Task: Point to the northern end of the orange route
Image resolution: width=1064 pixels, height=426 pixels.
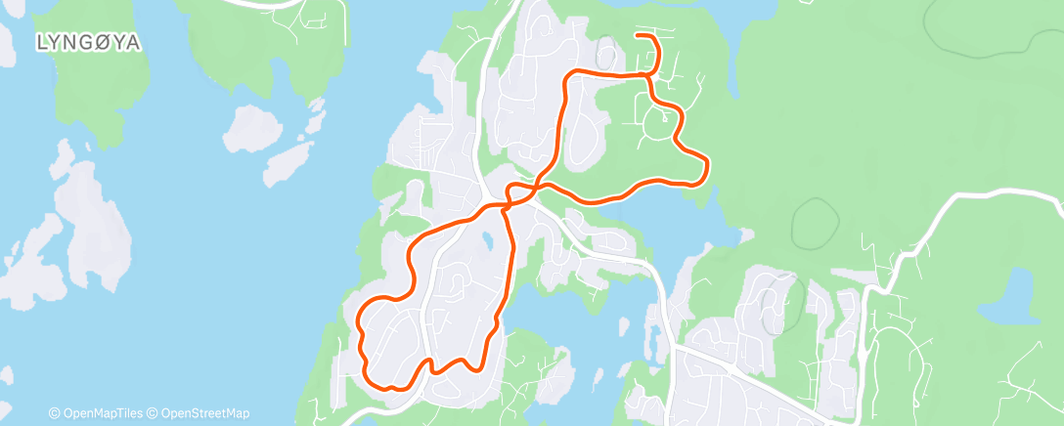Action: [x=638, y=35]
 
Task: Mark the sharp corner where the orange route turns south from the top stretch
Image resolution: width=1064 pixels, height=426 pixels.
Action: [x=567, y=76]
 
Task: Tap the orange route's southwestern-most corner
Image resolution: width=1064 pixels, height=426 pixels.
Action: [x=368, y=379]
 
